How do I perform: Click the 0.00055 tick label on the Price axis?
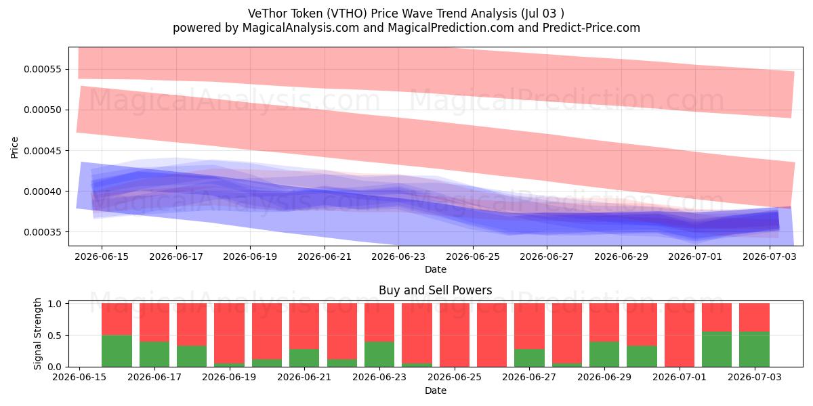point(42,69)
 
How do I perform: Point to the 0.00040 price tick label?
point(42,191)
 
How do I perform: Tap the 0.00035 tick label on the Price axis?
point(42,232)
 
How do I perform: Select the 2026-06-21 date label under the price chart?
point(325,256)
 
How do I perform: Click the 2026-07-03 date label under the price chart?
point(770,256)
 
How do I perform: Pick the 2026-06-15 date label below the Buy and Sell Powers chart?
point(79,377)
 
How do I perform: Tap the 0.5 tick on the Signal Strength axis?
point(54,336)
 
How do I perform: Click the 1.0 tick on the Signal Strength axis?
point(54,303)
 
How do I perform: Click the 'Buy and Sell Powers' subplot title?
point(436,290)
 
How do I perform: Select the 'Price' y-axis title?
point(14,148)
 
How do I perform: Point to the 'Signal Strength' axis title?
point(37,334)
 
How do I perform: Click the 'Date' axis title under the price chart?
point(436,269)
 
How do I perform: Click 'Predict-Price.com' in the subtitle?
point(591,28)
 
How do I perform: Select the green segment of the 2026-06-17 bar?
point(154,354)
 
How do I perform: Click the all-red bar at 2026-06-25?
point(455,335)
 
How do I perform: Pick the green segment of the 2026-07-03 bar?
point(754,349)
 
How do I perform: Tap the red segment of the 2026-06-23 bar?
point(379,323)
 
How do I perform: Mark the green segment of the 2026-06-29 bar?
point(604,354)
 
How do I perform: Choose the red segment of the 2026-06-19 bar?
point(230,334)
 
